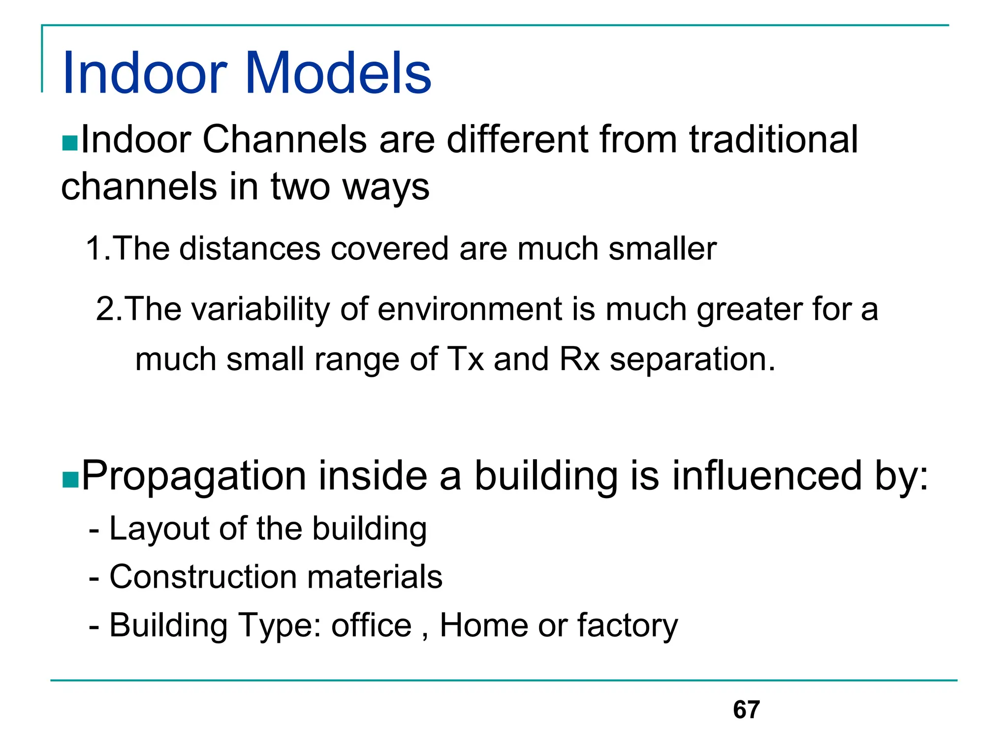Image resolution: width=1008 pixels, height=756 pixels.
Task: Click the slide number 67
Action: tap(746, 710)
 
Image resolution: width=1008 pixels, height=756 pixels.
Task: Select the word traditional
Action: tap(773, 140)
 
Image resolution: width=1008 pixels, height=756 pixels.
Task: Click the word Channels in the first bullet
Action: tap(284, 140)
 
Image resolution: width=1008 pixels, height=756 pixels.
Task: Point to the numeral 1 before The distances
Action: tap(94, 248)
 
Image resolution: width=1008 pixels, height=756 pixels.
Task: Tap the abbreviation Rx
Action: tap(579, 359)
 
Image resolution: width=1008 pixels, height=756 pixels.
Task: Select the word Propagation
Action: tap(194, 476)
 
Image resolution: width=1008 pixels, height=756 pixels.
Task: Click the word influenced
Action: tap(767, 475)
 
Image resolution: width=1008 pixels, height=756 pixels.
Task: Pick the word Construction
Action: tap(203, 577)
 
